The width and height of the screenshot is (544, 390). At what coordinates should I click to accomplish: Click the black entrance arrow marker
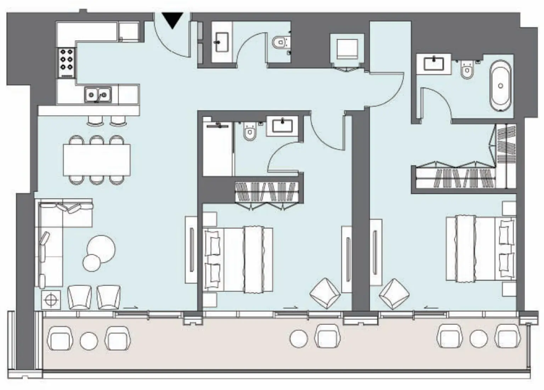point(173,20)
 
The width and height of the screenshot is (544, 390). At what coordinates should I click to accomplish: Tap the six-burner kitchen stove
point(66,62)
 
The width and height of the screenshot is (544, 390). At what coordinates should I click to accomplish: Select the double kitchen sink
point(97,95)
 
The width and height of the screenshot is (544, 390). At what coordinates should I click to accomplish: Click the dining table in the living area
point(96,160)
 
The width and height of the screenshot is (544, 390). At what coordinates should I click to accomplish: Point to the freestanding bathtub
point(500,86)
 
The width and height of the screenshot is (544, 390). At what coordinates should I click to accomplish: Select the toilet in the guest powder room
point(280,43)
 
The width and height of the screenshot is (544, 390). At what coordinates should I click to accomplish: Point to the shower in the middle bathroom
point(218,149)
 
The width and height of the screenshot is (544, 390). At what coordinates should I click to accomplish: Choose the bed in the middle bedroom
point(238,260)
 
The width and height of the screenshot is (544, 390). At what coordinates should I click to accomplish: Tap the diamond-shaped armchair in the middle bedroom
point(325,293)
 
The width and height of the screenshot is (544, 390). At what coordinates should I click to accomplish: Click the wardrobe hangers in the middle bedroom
point(265,192)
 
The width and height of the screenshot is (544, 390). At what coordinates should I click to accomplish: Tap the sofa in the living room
point(53,241)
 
